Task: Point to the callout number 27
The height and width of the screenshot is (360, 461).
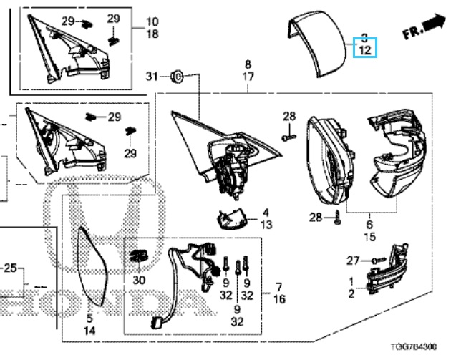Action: [352, 261]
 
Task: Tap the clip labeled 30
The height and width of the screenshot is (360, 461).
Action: [138, 256]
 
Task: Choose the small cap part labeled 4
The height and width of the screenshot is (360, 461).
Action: [230, 217]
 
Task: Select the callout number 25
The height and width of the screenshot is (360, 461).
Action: [10, 269]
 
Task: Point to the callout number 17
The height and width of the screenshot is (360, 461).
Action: [248, 76]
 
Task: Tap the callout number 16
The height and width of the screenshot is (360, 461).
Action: [280, 299]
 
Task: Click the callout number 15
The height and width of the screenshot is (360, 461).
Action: [369, 237]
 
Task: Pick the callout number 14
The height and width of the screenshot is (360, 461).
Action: [89, 331]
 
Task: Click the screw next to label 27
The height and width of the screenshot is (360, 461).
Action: [378, 260]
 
